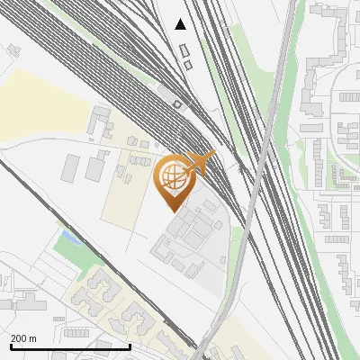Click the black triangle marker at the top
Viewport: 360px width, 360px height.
click(x=181, y=24)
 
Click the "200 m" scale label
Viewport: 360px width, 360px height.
click(x=24, y=338)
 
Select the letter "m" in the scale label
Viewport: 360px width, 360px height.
click(x=33, y=338)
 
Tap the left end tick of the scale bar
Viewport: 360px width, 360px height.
click(x=10, y=346)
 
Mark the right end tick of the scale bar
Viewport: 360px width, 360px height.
click(x=130, y=346)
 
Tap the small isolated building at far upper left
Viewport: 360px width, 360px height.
click(x=13, y=49)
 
